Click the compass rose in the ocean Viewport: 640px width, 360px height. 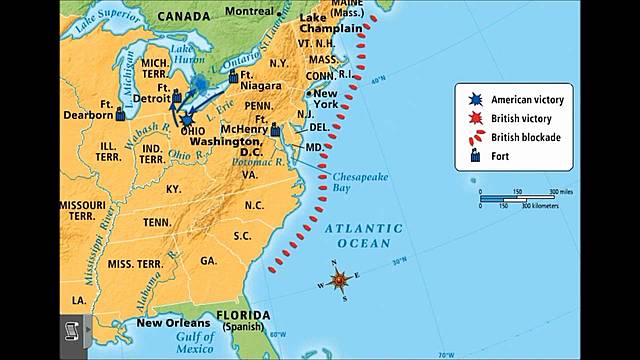340,279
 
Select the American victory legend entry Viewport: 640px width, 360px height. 521,100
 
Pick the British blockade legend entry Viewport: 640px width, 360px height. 521,136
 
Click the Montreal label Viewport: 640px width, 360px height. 250,9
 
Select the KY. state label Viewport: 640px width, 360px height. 175,187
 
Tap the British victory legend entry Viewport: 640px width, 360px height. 521,118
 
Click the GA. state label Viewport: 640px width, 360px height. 208,260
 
